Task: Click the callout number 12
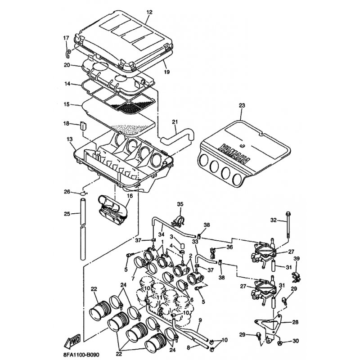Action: pos(149,13)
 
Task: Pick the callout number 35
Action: pos(180,205)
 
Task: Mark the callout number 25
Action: pos(67,213)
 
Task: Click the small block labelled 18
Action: pos(82,126)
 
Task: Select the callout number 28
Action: pos(295,322)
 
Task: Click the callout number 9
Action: pos(200,320)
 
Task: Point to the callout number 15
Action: pos(67,104)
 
